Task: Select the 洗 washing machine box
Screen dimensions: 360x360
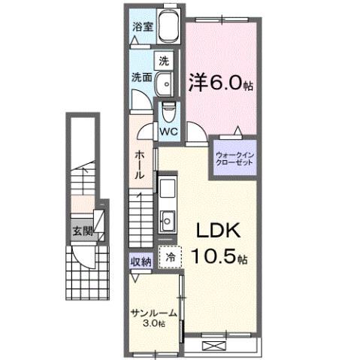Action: click(x=164, y=59)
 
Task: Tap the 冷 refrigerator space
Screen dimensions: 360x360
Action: click(x=170, y=256)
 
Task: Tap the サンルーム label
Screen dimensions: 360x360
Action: click(x=153, y=313)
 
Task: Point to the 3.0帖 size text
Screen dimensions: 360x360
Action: click(x=153, y=325)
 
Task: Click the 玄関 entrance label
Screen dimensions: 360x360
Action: click(x=83, y=231)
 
